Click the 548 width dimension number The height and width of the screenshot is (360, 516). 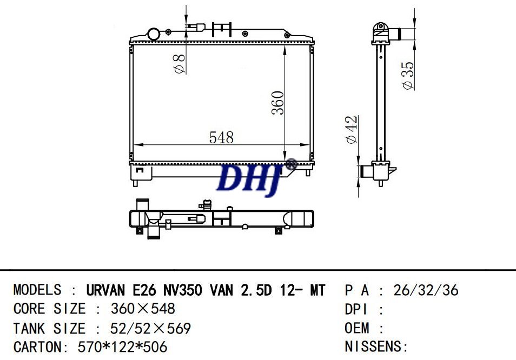point(221,138)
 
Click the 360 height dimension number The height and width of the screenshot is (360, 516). point(277,102)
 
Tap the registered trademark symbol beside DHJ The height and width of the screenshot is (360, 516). point(291,164)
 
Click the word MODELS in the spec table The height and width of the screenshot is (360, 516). point(37,290)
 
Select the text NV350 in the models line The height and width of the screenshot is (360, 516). point(183,290)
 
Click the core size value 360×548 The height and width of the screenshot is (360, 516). point(143,309)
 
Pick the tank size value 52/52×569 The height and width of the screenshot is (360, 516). point(150,328)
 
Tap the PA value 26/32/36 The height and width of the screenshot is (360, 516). point(426,290)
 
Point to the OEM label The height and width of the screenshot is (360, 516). point(358,328)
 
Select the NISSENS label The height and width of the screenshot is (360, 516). point(373,346)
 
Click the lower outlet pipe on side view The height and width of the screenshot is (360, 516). point(367,172)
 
